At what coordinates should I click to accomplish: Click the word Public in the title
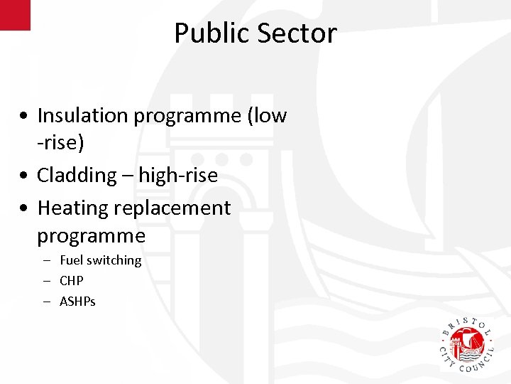click(x=210, y=33)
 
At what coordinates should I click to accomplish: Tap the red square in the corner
click(x=15, y=15)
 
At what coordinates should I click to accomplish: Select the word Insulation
click(x=82, y=115)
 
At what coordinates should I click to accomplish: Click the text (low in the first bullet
click(x=266, y=115)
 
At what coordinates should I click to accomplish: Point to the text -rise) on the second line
click(x=60, y=143)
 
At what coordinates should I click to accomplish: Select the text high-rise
click(x=178, y=175)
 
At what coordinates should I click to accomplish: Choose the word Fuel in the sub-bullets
click(x=72, y=260)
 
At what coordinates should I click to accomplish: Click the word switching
click(x=114, y=261)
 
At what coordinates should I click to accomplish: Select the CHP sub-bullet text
click(x=72, y=281)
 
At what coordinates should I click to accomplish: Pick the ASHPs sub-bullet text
click(x=77, y=302)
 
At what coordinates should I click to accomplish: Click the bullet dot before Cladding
click(x=25, y=176)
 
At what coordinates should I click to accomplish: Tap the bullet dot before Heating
click(x=25, y=209)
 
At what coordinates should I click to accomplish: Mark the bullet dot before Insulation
click(x=25, y=116)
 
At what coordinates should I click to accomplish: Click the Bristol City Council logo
click(x=468, y=344)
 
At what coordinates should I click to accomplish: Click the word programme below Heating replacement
click(x=91, y=235)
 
